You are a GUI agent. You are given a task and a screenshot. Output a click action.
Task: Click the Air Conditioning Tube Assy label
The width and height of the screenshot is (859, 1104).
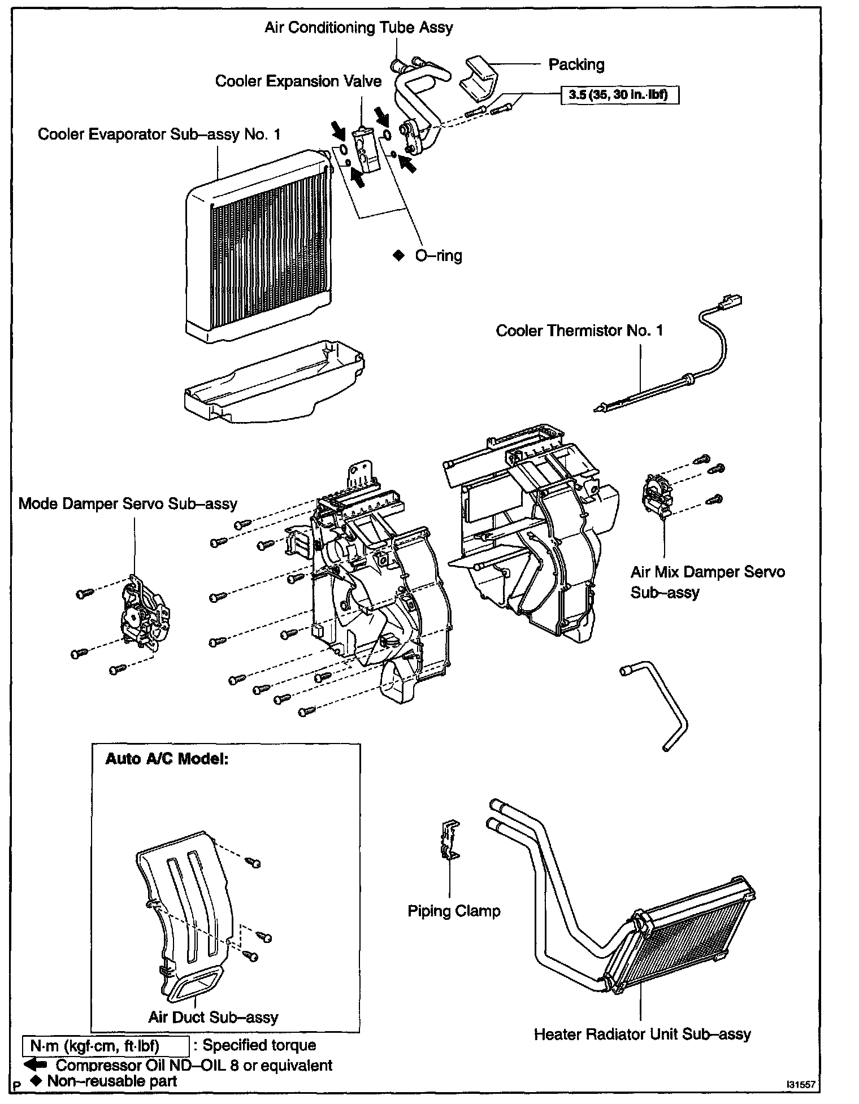pyautogui.click(x=358, y=28)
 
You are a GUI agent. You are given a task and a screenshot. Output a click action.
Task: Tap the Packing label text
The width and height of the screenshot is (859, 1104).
pyautogui.click(x=576, y=64)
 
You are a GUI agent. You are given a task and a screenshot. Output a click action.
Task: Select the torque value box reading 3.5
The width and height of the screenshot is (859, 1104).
pyautogui.click(x=619, y=95)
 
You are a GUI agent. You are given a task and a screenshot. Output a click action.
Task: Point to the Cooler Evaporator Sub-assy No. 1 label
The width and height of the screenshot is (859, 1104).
pyautogui.click(x=159, y=134)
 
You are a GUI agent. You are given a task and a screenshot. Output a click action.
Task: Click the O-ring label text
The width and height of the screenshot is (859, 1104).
pyautogui.click(x=438, y=255)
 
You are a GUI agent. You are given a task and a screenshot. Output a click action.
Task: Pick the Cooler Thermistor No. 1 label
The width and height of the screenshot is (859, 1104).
pyautogui.click(x=579, y=331)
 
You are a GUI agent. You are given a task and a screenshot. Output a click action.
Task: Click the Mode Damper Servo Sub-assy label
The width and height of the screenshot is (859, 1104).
pyautogui.click(x=128, y=503)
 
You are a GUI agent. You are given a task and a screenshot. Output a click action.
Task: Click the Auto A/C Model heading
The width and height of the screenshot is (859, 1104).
pyautogui.click(x=167, y=758)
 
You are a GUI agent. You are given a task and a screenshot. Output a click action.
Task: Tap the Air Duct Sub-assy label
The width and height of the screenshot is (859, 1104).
pyautogui.click(x=213, y=1017)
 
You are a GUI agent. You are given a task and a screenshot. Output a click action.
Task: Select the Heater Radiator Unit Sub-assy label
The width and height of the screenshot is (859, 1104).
pyautogui.click(x=642, y=1034)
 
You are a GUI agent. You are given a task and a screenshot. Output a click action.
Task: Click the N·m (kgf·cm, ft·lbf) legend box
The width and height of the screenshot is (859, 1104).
pyautogui.click(x=105, y=1046)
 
